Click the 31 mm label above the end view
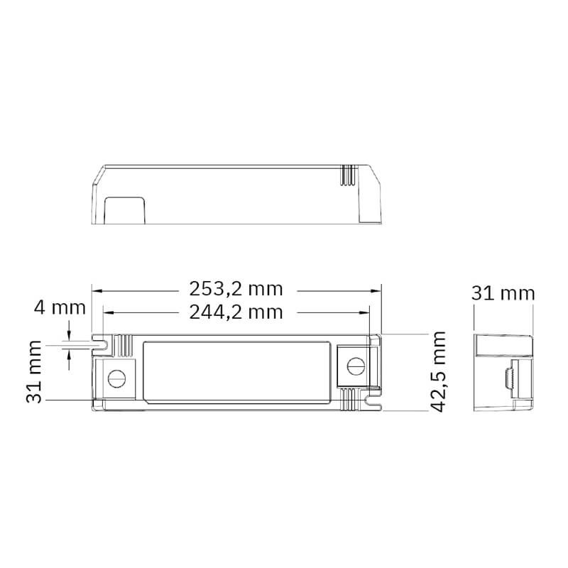[x=503, y=294]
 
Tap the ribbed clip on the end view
[x=510, y=381]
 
